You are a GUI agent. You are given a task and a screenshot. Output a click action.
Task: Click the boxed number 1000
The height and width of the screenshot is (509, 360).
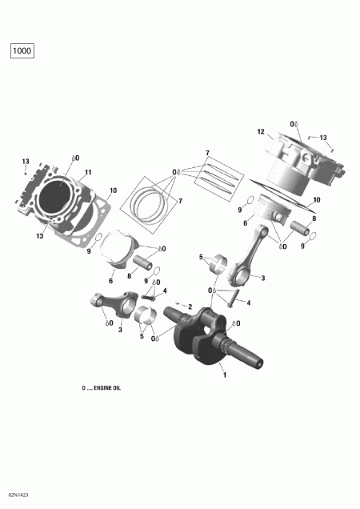[x=22, y=51]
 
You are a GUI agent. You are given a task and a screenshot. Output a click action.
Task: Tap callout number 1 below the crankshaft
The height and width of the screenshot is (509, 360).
[x=224, y=375]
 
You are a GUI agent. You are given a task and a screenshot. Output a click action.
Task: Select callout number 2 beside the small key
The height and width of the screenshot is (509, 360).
[x=190, y=307]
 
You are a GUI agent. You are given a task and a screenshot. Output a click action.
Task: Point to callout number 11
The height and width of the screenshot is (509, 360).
[x=88, y=172]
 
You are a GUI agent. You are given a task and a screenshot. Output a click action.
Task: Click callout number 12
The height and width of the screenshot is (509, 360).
[x=261, y=132]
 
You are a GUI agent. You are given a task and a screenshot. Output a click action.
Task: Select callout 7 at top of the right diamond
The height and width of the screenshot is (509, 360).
[x=206, y=153]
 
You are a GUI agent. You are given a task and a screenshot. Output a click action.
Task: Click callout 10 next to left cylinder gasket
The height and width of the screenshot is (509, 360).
[x=113, y=190]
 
